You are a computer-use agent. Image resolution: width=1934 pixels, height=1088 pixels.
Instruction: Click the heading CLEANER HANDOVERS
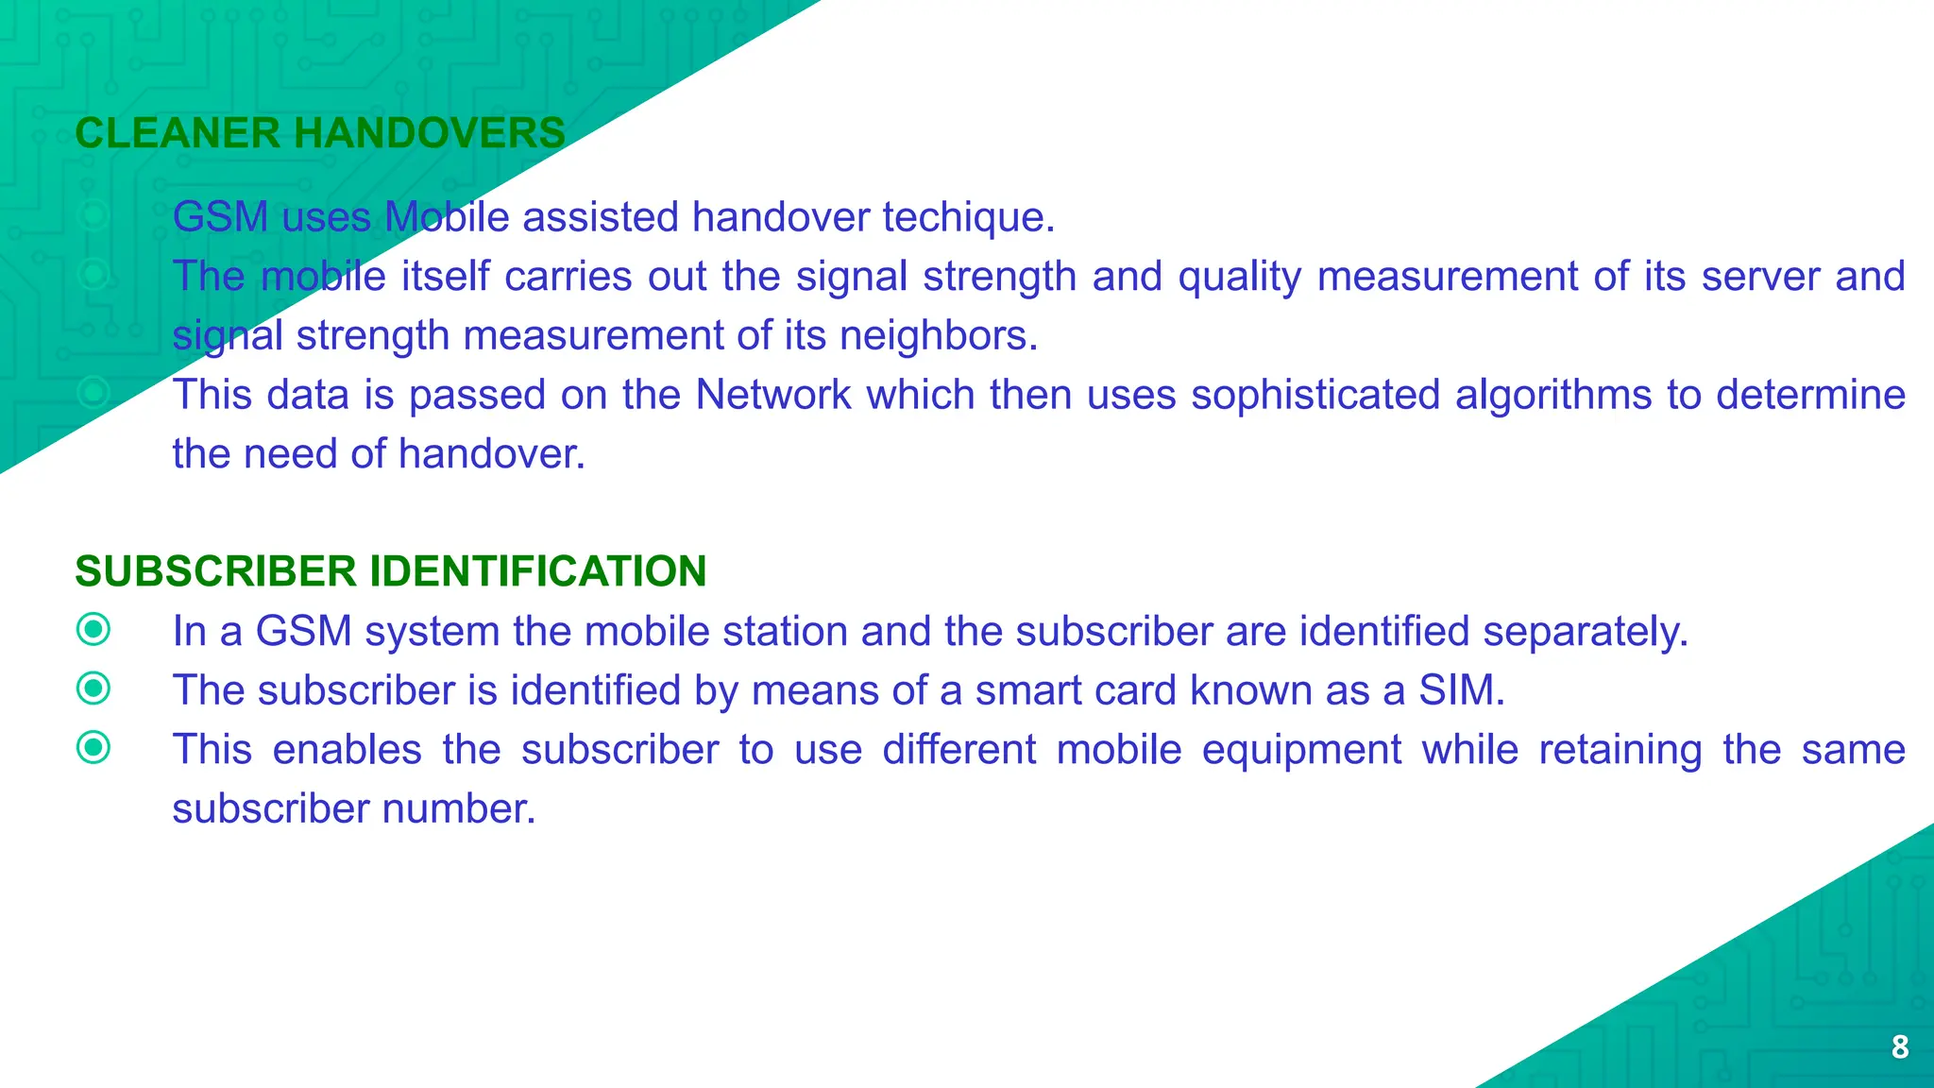(x=320, y=133)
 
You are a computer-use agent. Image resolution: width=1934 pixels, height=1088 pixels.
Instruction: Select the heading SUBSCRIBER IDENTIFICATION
(x=391, y=571)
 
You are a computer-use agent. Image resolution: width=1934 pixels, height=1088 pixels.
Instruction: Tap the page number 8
(x=1900, y=1046)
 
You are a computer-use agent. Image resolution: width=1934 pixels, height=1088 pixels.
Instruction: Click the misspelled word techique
(x=968, y=217)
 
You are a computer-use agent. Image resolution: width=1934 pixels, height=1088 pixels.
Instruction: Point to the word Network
(x=773, y=395)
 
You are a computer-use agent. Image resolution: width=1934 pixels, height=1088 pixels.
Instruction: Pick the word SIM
(x=1461, y=690)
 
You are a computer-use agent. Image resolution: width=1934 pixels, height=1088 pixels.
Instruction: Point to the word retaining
(x=1620, y=750)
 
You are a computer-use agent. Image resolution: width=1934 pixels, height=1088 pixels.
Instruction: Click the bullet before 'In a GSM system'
(x=93, y=630)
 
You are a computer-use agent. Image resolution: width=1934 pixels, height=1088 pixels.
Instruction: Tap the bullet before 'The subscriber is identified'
(x=93, y=688)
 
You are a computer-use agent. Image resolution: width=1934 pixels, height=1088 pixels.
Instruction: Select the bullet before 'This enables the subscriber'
(x=93, y=748)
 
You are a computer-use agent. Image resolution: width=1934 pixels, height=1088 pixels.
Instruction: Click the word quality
(x=1239, y=277)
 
